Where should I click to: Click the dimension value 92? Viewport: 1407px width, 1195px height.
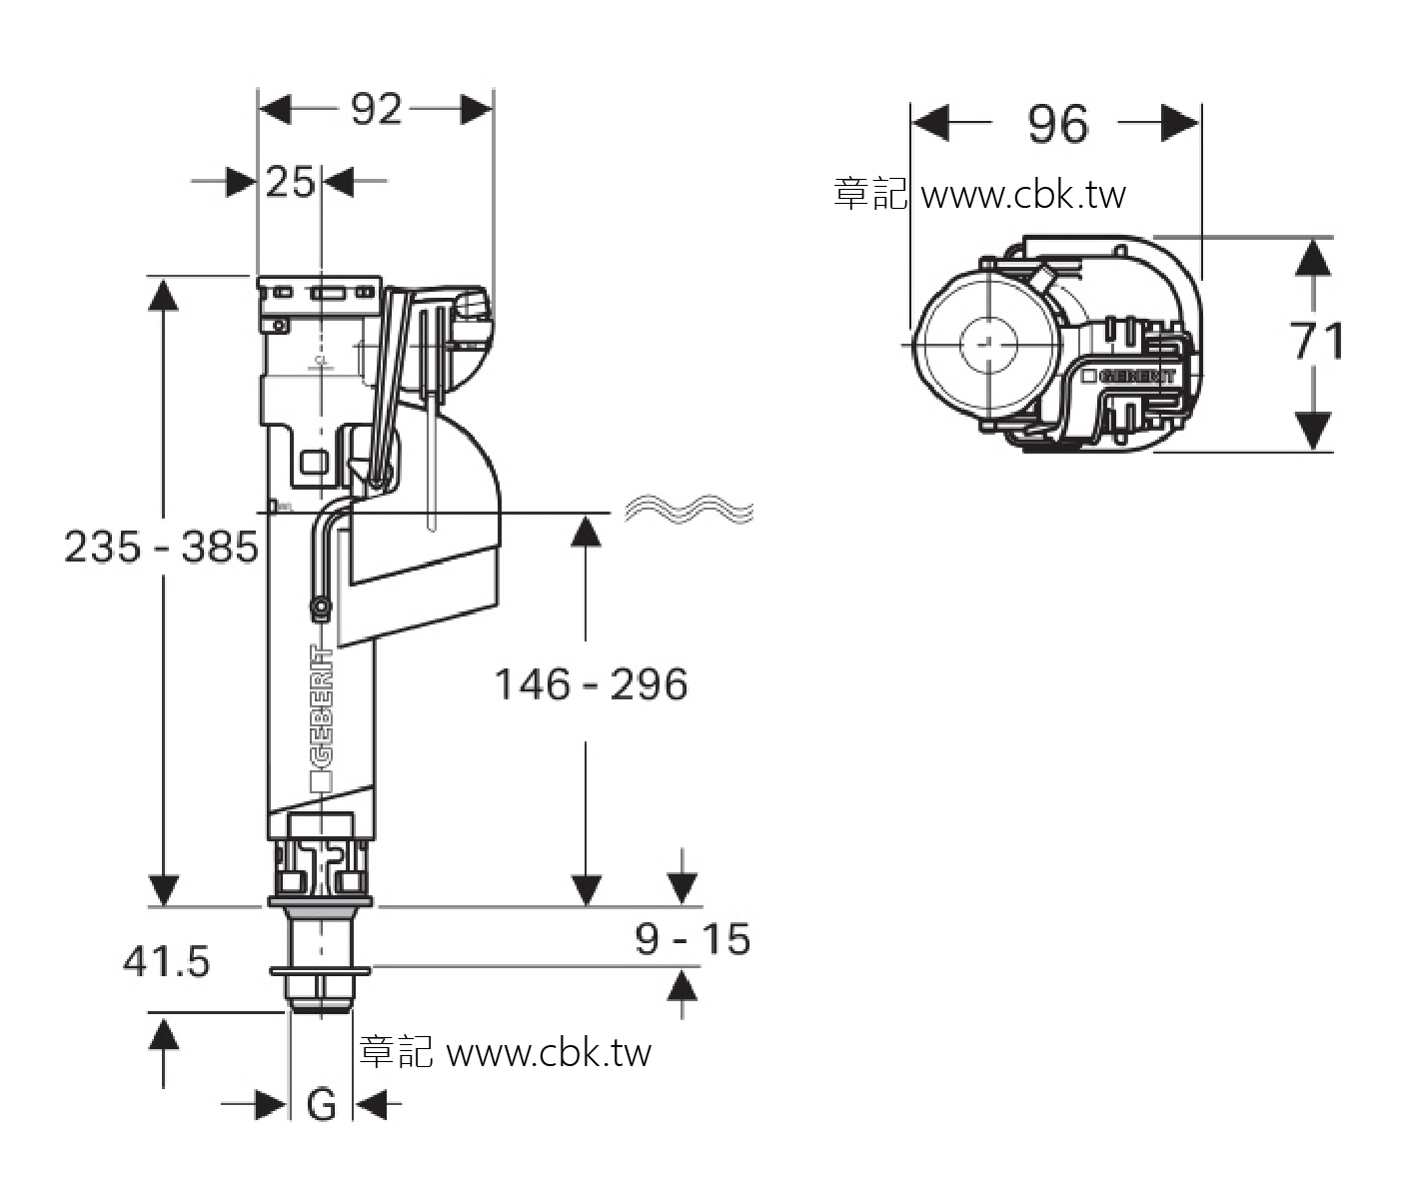377,109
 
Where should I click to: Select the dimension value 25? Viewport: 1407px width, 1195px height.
290,182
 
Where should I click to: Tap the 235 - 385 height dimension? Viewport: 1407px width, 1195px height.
161,547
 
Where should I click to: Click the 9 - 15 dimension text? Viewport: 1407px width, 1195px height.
693,938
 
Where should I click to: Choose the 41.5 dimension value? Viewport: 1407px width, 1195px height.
166,962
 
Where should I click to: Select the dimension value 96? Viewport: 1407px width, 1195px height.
1058,125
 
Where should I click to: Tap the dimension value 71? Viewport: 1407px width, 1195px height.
1317,341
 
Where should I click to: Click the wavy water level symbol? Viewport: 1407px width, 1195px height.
689,509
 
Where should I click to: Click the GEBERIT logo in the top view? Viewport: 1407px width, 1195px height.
1129,376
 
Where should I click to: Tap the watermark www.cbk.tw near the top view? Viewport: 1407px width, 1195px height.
1023,195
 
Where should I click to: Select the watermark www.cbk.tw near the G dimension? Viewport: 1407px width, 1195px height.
549,1052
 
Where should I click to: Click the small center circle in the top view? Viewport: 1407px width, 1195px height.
988,345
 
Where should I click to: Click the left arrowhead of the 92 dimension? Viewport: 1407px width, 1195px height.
275,110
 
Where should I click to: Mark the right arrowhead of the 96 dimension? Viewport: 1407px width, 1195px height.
1180,123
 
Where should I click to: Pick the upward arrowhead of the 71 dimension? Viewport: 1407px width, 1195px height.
1313,258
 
